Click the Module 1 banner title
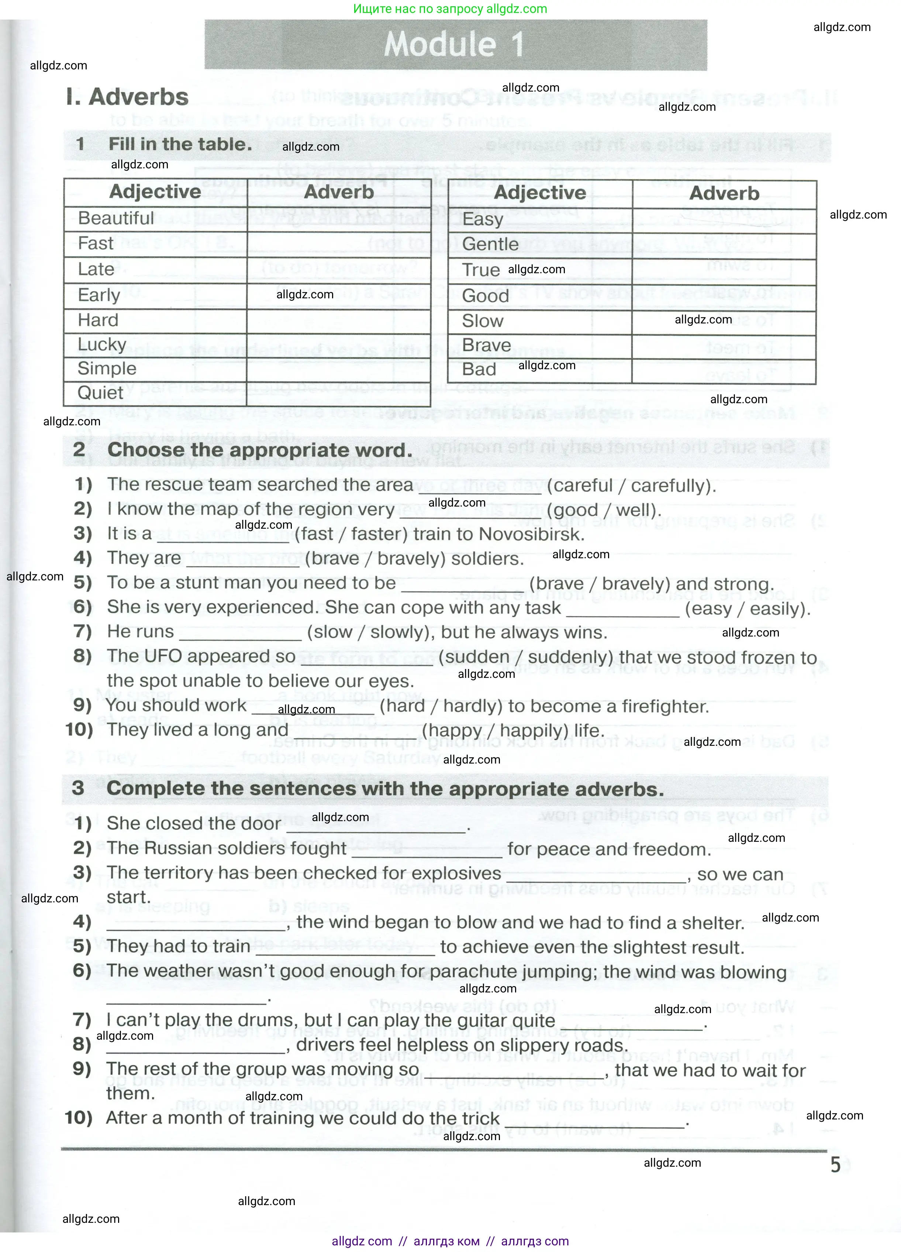pyautogui.click(x=453, y=44)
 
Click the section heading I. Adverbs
pyautogui.click(x=127, y=97)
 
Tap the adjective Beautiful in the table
pyautogui.click(x=116, y=218)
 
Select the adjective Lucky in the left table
pyautogui.click(x=102, y=344)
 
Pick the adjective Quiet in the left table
pyautogui.click(x=100, y=392)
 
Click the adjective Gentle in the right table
pyautogui.click(x=490, y=244)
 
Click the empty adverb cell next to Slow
pyautogui.click(x=723, y=322)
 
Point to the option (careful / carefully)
pyautogui.click(x=631, y=486)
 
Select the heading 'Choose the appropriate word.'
pyautogui.click(x=260, y=450)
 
